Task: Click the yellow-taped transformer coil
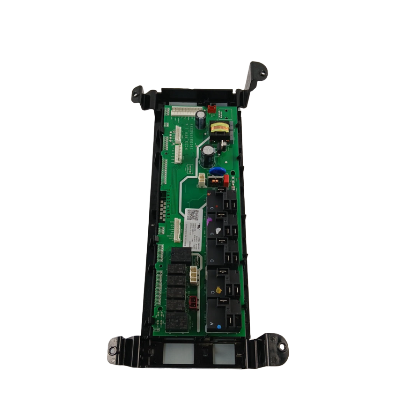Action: (x=219, y=129)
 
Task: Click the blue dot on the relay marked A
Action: (x=219, y=325)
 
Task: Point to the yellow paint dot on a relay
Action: (x=219, y=289)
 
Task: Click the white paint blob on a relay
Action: (x=219, y=230)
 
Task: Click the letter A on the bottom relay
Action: (x=211, y=323)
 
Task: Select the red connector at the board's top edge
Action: (x=211, y=109)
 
